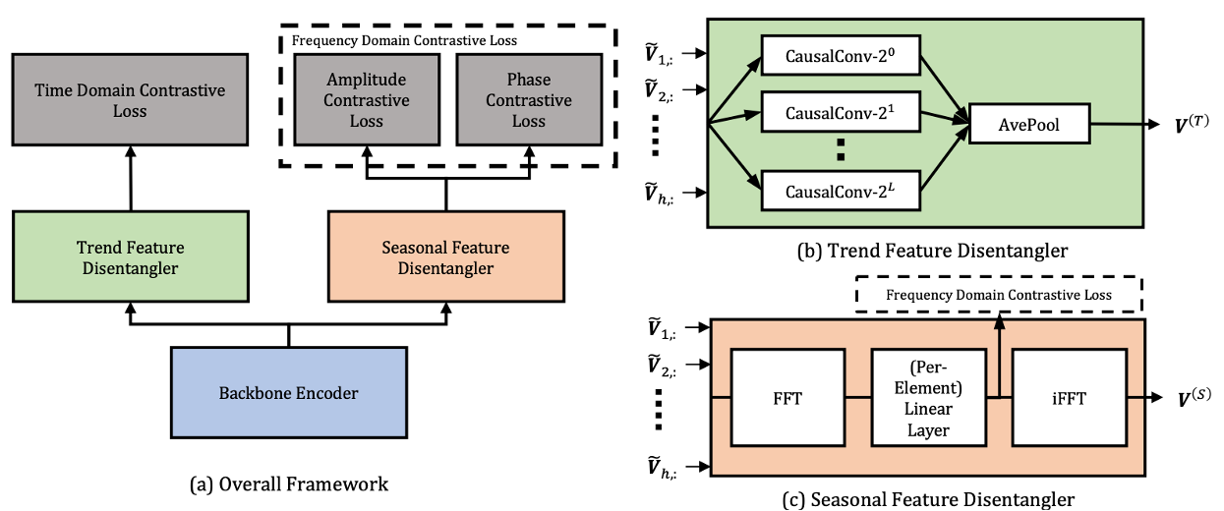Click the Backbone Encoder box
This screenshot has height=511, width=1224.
click(x=288, y=392)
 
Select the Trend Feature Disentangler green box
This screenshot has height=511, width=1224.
click(x=131, y=256)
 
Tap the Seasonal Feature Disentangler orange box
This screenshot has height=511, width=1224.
click(x=446, y=256)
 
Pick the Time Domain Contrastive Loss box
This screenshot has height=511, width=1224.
click(x=130, y=99)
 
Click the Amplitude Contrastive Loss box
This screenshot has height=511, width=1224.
click(x=367, y=99)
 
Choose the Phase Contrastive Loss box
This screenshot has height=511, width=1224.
click(x=529, y=99)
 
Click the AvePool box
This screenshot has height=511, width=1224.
click(x=1029, y=124)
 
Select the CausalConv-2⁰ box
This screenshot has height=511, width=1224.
click(x=841, y=55)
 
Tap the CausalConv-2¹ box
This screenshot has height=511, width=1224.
click(x=841, y=112)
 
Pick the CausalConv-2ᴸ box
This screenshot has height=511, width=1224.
click(x=841, y=191)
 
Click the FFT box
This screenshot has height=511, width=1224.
click(x=787, y=398)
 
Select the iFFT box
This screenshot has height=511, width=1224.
click(x=1070, y=398)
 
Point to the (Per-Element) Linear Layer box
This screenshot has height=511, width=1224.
click(x=928, y=398)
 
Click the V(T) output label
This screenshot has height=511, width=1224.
click(x=1192, y=125)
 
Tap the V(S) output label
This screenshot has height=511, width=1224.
click(x=1195, y=398)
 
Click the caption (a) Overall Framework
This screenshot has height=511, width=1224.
click(x=288, y=484)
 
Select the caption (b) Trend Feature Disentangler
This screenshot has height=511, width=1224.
click(x=932, y=251)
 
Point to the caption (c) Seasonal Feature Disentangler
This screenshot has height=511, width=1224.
click(x=928, y=499)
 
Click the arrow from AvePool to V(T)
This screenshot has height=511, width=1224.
click(x=1125, y=124)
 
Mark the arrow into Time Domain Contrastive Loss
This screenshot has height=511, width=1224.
click(x=131, y=178)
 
